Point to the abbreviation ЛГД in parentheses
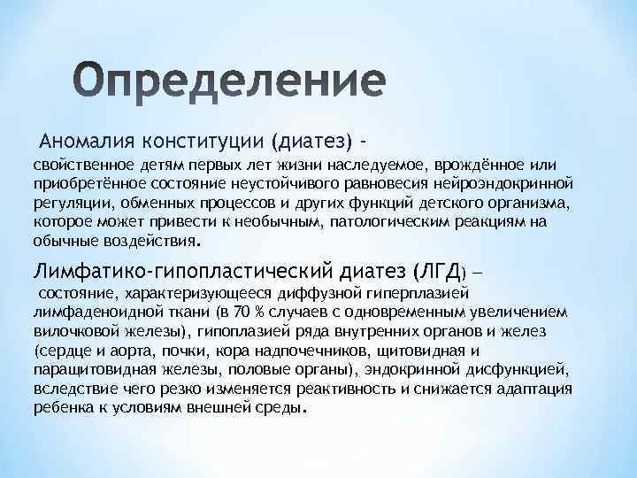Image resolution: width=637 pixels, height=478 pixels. pyautogui.click(x=437, y=269)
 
